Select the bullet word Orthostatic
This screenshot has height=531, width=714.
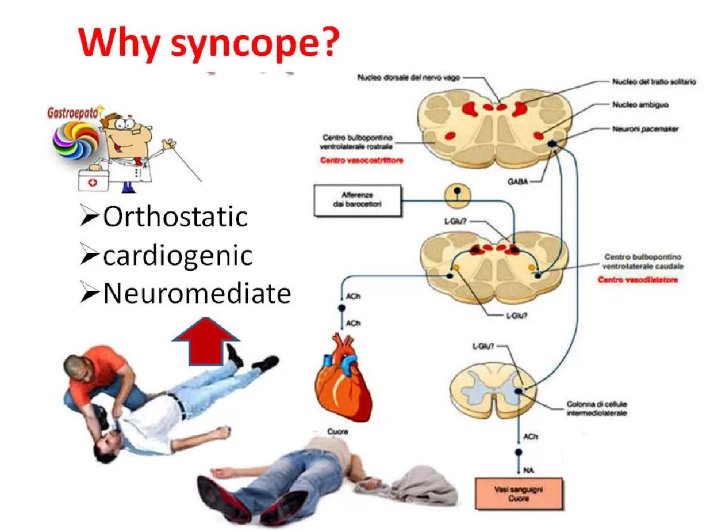(175, 217)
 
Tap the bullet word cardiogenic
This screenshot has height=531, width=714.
(178, 255)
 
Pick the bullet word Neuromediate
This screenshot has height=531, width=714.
(197, 293)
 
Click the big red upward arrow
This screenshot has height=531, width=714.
(205, 340)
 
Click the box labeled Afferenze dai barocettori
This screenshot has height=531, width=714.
(356, 200)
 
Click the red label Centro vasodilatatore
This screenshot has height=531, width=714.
(637, 279)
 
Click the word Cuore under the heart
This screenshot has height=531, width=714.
(338, 431)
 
